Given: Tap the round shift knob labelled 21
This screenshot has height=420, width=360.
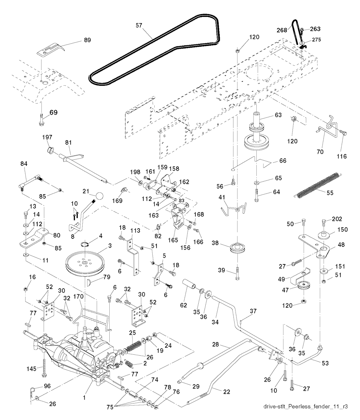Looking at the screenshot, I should coord(99,195).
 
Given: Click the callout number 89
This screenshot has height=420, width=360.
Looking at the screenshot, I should coord(87,40).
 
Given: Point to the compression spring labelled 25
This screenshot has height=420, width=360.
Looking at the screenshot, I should coord(133,346).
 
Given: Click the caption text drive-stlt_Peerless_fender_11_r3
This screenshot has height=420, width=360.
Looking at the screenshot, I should coord(306,406).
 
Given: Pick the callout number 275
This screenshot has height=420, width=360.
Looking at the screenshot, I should coord(316,40).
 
